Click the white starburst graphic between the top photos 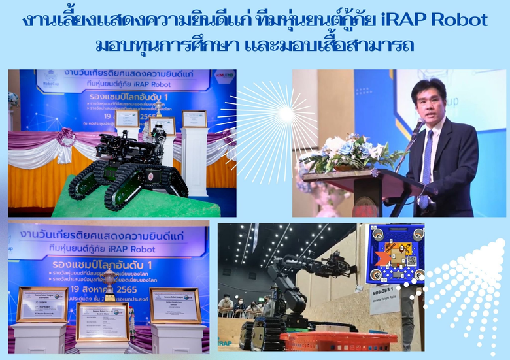[286, 114]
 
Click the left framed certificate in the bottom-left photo [41, 305]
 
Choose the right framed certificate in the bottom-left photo [175, 305]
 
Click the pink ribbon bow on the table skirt [66, 138]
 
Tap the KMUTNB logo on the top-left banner [225, 76]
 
